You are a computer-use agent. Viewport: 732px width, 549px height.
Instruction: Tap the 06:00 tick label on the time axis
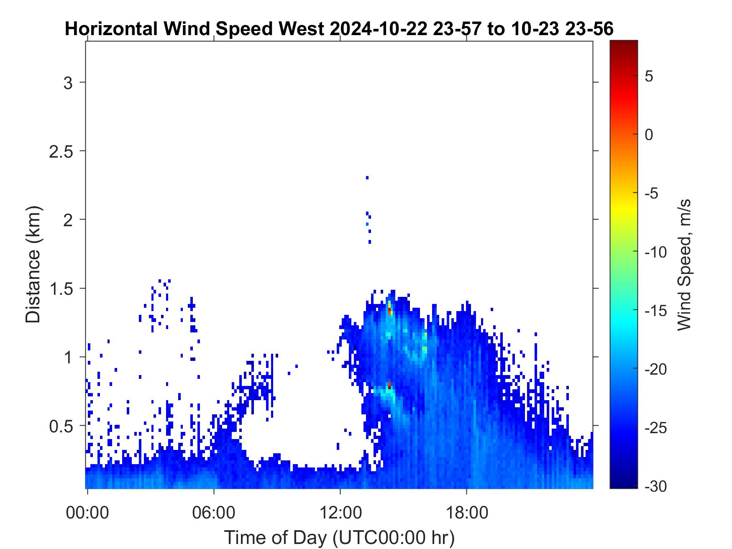(214, 512)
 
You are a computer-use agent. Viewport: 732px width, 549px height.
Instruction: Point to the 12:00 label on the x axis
(340, 512)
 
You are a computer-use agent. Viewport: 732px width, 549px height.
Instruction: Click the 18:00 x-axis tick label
(467, 512)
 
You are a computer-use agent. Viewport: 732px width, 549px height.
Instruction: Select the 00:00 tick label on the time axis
(87, 512)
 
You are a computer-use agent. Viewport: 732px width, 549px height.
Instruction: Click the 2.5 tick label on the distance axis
(61, 151)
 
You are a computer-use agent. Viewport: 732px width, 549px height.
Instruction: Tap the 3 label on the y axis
(68, 83)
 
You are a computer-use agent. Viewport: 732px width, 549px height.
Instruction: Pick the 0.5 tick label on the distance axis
(61, 426)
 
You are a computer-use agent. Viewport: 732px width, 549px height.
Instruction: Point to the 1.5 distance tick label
(61, 289)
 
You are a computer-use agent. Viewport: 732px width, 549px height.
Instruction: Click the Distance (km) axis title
(33, 265)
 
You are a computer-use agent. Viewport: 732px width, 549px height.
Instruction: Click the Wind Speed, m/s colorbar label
(683, 265)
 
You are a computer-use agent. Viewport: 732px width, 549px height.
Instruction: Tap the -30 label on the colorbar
(656, 486)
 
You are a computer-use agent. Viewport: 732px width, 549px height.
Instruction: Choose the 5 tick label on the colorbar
(649, 77)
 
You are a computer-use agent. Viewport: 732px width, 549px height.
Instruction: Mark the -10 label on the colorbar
(656, 252)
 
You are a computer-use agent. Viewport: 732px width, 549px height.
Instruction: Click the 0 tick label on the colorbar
(649, 135)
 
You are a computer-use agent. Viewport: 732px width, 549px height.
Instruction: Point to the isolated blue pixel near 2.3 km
(367, 178)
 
